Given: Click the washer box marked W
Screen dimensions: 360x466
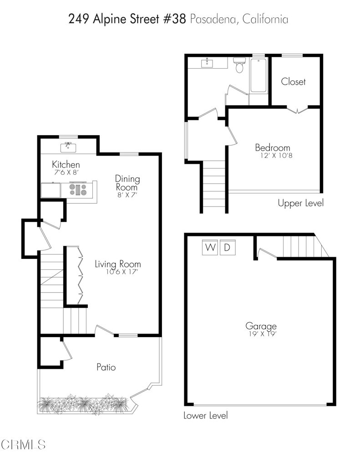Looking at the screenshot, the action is [x=210, y=247].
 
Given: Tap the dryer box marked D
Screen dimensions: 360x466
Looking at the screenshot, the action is [x=228, y=247].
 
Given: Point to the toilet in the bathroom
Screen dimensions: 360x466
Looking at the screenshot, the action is [x=239, y=65].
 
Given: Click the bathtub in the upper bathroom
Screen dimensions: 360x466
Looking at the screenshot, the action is [x=259, y=76].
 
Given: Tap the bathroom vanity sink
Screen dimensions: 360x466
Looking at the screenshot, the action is [x=207, y=63].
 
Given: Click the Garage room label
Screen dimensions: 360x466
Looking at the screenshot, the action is [x=261, y=326].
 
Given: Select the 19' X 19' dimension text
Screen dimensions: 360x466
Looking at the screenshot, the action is [x=263, y=334].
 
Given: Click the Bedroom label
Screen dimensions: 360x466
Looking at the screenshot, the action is [x=273, y=148].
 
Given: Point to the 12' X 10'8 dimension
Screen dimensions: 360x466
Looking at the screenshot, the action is [x=276, y=156].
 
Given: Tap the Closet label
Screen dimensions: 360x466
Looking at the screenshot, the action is [x=293, y=81].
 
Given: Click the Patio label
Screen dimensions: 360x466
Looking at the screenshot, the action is [x=106, y=367].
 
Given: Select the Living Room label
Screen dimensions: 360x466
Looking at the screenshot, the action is [x=118, y=264].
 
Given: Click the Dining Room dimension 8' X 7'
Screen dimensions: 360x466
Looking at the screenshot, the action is [x=127, y=195].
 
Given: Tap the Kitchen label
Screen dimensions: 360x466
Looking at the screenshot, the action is [x=66, y=164].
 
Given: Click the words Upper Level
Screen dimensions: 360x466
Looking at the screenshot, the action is [x=300, y=203].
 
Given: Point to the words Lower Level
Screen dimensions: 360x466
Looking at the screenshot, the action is [x=206, y=415].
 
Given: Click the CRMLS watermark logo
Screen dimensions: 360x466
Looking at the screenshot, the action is [x=23, y=445].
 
